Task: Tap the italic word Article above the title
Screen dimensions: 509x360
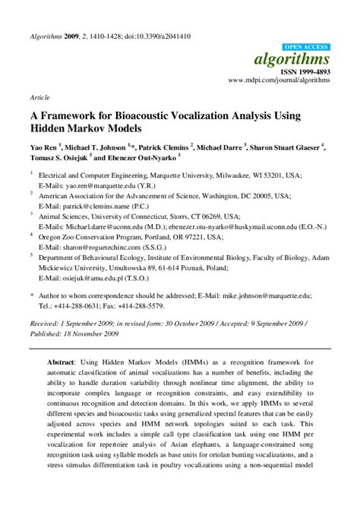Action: (x=39, y=98)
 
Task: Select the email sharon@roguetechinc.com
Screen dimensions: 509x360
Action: (x=109, y=247)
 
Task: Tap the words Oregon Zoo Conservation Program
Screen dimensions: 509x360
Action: (x=96, y=237)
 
